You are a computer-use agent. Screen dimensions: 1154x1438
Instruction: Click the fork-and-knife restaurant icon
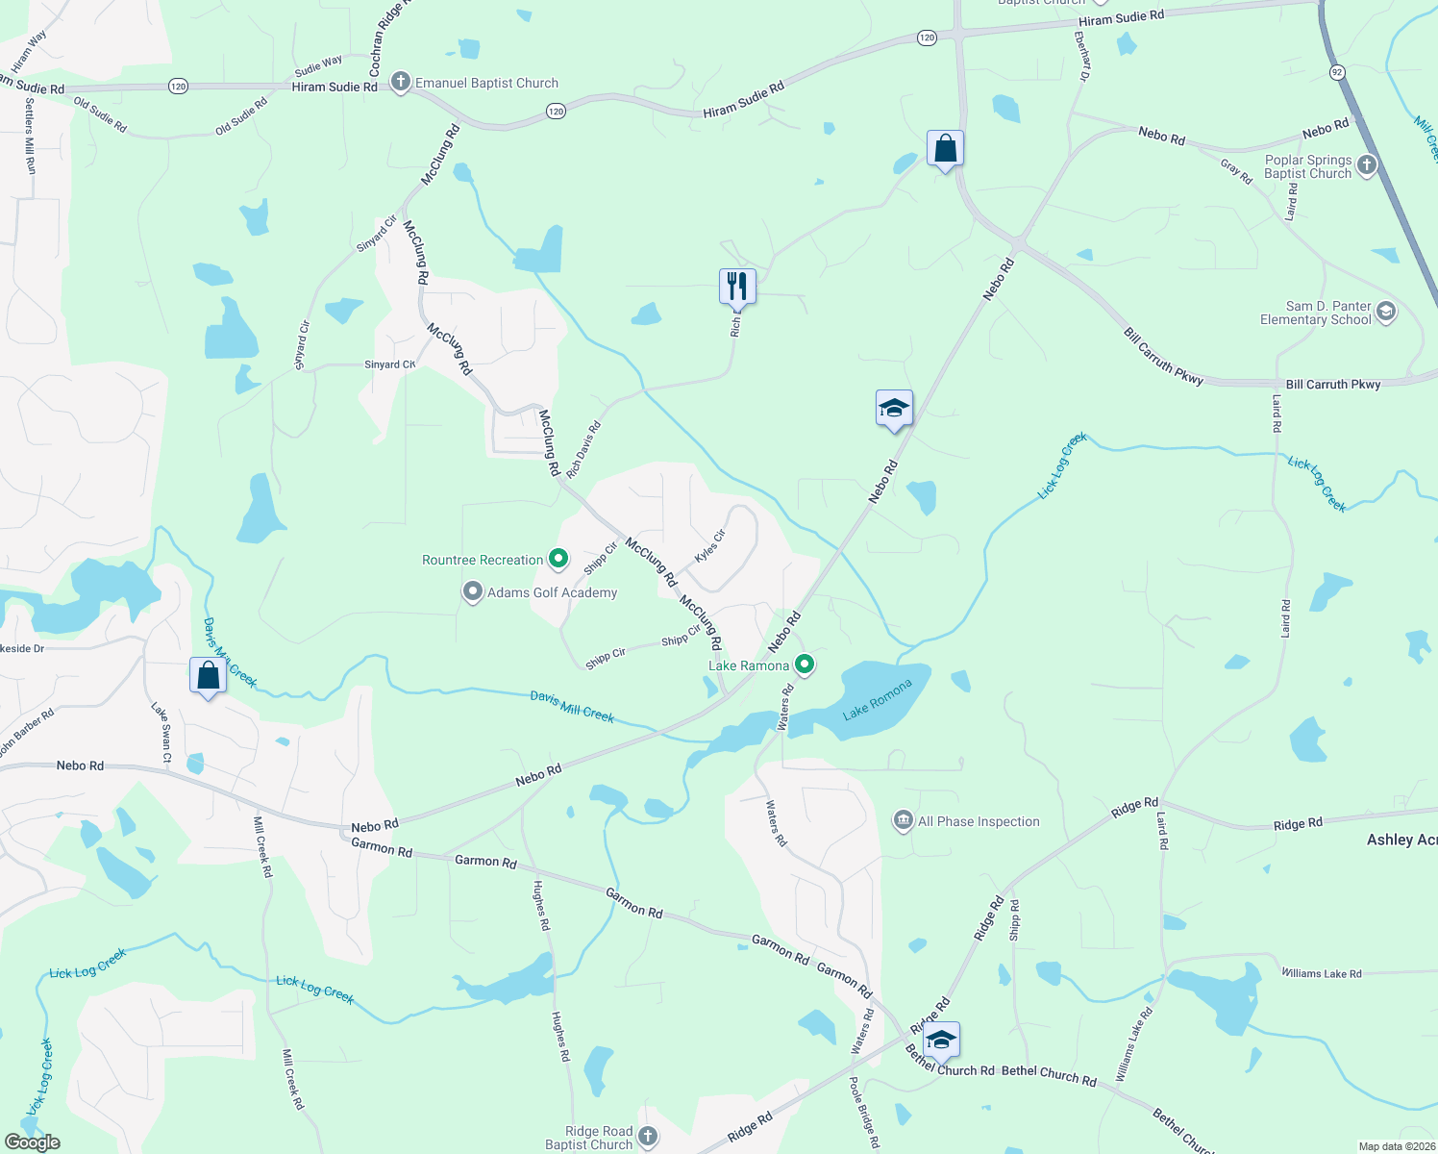pyautogui.click(x=737, y=286)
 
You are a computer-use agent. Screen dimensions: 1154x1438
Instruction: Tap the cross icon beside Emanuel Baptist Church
pyautogui.click(x=401, y=83)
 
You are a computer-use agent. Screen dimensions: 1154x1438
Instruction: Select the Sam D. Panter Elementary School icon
pyautogui.click(x=1385, y=312)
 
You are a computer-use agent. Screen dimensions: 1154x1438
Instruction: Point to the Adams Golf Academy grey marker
pyautogui.click(x=472, y=591)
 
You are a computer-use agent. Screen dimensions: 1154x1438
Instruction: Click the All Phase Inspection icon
pyautogui.click(x=903, y=820)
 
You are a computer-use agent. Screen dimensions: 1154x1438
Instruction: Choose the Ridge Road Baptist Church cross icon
pyautogui.click(x=648, y=1137)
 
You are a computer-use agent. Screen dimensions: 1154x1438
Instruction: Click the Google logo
pyautogui.click(x=33, y=1142)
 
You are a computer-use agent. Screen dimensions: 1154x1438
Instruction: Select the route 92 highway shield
pyautogui.click(x=1336, y=72)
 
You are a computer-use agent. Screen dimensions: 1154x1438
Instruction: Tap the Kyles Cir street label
pyautogui.click(x=710, y=546)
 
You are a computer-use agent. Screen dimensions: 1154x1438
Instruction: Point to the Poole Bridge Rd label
pyautogui.click(x=863, y=1113)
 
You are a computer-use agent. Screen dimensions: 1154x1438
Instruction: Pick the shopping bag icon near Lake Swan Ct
pyautogui.click(x=208, y=675)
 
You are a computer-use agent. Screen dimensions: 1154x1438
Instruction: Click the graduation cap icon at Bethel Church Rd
pyautogui.click(x=940, y=1040)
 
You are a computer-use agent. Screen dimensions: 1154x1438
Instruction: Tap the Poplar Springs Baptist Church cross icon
pyautogui.click(x=1366, y=165)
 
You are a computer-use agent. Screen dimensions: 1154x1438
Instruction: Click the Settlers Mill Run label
pyautogui.click(x=30, y=136)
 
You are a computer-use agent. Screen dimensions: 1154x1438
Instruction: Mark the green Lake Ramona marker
pyautogui.click(x=805, y=665)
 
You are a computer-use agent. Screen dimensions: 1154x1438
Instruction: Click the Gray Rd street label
pyautogui.click(x=1236, y=172)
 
